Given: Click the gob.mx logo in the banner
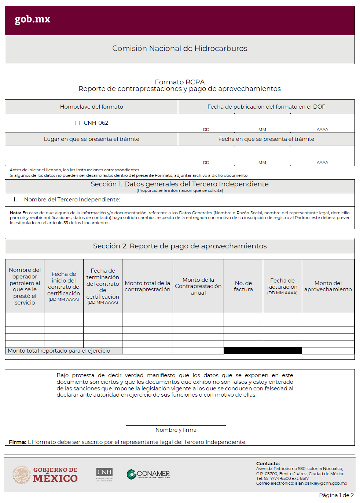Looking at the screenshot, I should [x=32, y=19].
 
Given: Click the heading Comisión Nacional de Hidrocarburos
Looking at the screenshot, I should [x=180, y=48].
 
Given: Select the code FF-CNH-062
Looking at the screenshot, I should [x=92, y=123].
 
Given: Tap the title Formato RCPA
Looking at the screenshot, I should [x=180, y=82].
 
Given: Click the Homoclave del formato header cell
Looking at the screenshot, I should [x=92, y=107].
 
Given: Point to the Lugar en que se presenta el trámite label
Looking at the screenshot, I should [x=92, y=139].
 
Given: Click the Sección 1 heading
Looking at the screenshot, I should [x=180, y=184].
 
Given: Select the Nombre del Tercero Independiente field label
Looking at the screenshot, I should [x=72, y=200].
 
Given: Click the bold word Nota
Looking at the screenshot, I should [x=15, y=213].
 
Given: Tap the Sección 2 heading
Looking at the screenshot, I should [x=180, y=246].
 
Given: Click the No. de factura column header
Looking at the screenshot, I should [x=243, y=286].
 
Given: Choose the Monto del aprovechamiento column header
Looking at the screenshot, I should [x=328, y=286].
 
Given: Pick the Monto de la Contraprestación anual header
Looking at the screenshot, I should [x=198, y=286].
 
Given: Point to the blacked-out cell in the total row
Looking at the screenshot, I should [x=262, y=351].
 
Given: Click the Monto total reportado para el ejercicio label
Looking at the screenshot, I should [x=59, y=351].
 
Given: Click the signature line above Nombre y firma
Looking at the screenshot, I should [x=176, y=425].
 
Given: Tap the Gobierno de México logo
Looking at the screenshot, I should [x=45, y=475].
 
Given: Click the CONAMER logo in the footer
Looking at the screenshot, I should [x=148, y=474].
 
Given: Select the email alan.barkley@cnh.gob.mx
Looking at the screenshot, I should [x=321, y=484].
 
